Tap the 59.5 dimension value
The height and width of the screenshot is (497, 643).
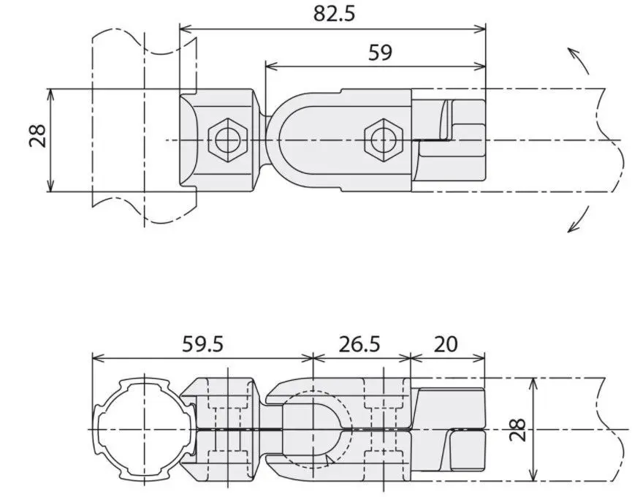202,344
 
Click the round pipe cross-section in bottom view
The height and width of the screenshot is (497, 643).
142,428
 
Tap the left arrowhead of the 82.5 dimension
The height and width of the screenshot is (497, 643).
184,29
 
